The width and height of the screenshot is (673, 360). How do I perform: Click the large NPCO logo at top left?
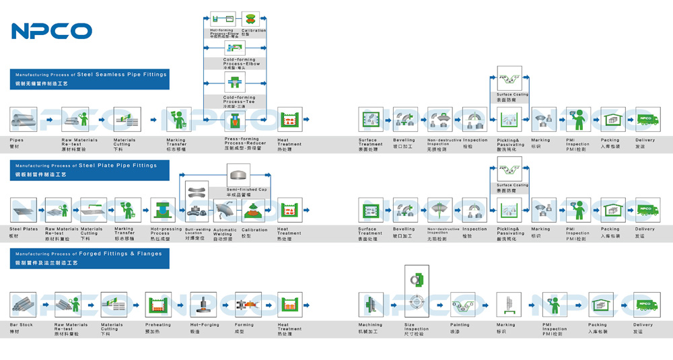click(51, 30)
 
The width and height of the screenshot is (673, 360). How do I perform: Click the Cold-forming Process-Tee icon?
click(234, 84)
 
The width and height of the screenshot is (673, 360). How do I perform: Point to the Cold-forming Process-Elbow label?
click(239, 61)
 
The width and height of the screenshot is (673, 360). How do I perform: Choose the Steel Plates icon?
click(24, 210)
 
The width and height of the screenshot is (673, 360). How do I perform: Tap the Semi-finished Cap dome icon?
click(239, 176)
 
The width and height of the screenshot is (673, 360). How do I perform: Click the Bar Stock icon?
click(24, 304)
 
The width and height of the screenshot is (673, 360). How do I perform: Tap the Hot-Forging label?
click(203, 325)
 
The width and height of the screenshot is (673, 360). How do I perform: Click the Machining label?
click(371, 325)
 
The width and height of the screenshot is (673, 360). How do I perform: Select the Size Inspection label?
click(417, 327)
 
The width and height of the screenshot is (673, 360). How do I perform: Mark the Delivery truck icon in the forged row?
click(644, 304)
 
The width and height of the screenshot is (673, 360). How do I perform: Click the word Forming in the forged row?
click(244, 325)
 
